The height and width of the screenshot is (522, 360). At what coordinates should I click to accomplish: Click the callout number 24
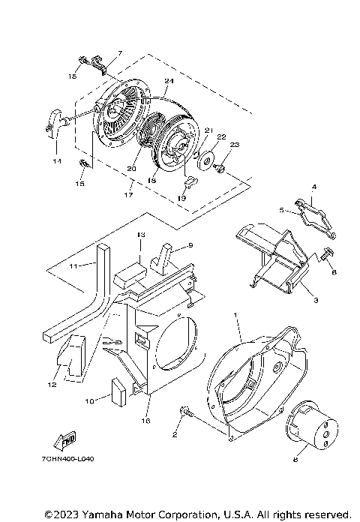click(169, 80)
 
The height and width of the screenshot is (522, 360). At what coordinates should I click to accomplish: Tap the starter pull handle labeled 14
click(53, 120)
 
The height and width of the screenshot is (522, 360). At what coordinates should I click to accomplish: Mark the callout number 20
click(130, 169)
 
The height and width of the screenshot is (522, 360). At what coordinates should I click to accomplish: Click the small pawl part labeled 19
click(190, 180)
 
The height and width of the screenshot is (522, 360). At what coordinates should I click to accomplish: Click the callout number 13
click(140, 235)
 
